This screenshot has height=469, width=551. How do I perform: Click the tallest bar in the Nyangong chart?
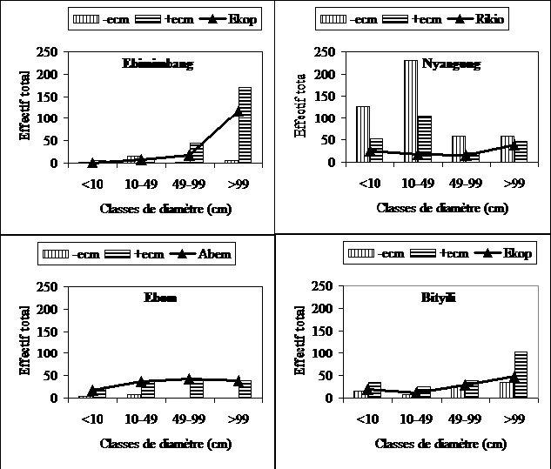(x=411, y=111)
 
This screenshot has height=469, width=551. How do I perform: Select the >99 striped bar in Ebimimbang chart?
(x=245, y=124)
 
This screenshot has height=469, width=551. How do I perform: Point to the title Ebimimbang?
(x=158, y=63)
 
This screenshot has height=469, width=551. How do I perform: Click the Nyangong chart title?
(x=450, y=63)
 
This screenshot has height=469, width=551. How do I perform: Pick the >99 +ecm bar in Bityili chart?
(x=521, y=374)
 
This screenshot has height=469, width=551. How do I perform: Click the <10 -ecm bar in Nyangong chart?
(x=363, y=134)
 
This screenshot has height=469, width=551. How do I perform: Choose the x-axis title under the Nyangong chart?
(x=442, y=208)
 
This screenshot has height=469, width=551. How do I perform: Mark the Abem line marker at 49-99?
(x=190, y=379)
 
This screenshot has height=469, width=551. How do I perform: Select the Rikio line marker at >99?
(x=514, y=145)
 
